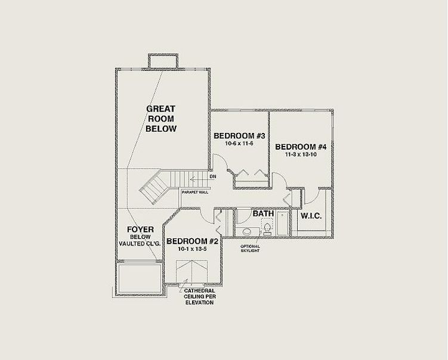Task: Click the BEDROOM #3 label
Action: click(x=239, y=136)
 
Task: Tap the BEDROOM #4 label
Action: click(x=301, y=147)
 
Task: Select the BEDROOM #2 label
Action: click(x=192, y=241)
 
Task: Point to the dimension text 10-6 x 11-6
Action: click(x=239, y=143)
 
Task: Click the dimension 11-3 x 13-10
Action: click(x=301, y=155)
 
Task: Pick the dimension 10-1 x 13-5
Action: click(x=192, y=249)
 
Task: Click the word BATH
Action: click(x=263, y=213)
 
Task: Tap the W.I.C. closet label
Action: click(x=311, y=216)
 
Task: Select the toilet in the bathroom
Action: click(x=267, y=228)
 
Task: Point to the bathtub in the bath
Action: click(x=283, y=224)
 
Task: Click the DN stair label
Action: click(x=213, y=176)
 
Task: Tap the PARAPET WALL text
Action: click(x=195, y=193)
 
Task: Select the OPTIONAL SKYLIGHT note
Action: click(x=250, y=249)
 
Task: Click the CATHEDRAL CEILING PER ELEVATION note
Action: click(x=199, y=297)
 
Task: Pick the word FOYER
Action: click(x=140, y=229)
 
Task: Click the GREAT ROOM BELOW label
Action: click(x=161, y=119)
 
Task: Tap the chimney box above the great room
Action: click(x=163, y=61)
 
